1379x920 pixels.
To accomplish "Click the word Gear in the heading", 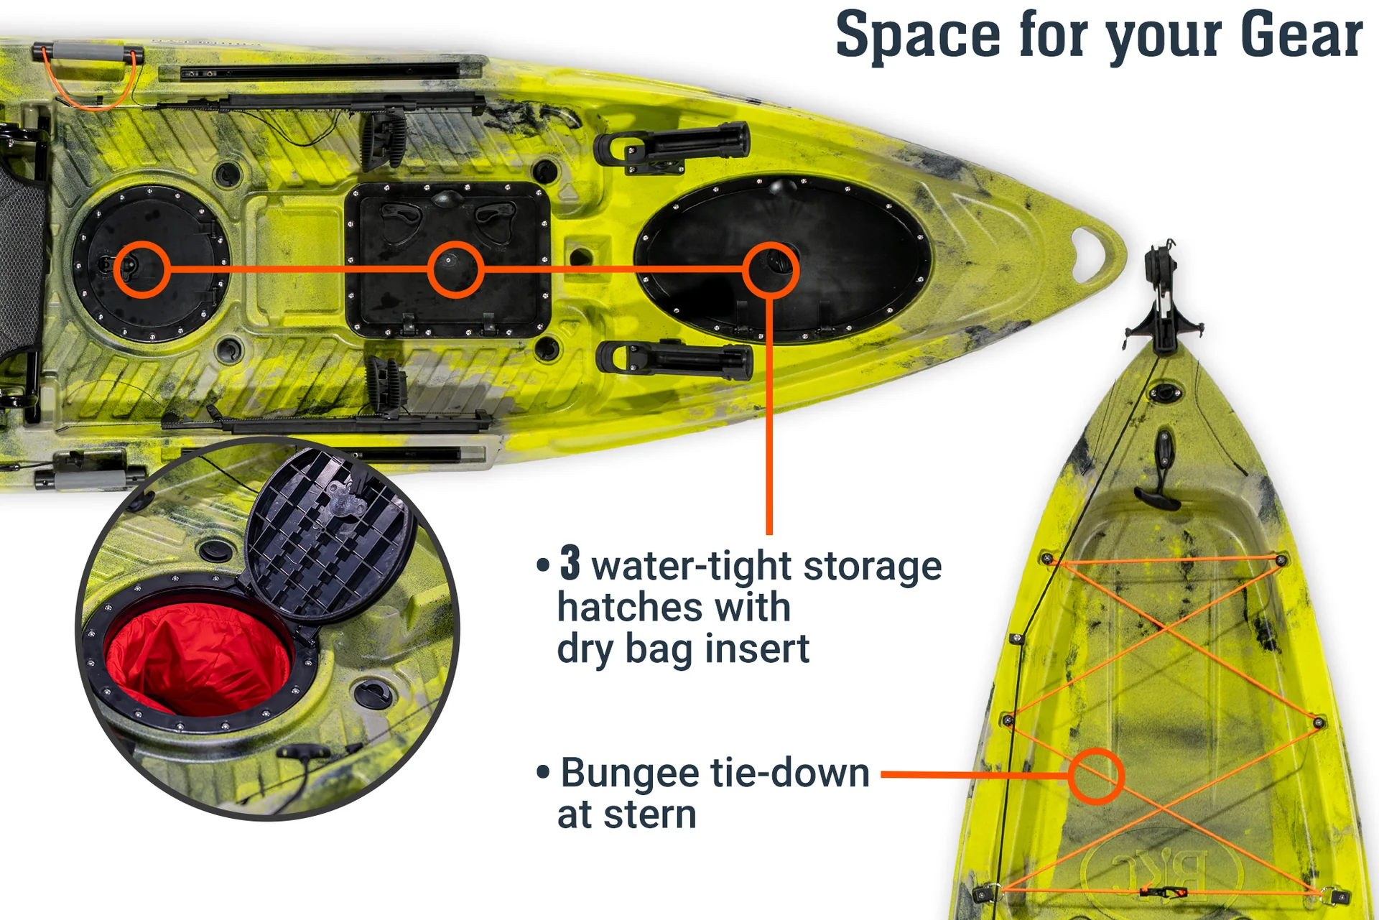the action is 1301,34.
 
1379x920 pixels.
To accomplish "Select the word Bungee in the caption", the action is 630,775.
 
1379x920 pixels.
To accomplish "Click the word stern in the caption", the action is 650,815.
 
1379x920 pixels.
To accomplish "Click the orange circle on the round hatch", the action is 142,269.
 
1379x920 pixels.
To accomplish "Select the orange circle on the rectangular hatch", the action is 455,269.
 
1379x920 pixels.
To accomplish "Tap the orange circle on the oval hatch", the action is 770,269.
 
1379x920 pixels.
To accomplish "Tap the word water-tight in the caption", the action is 690,566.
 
